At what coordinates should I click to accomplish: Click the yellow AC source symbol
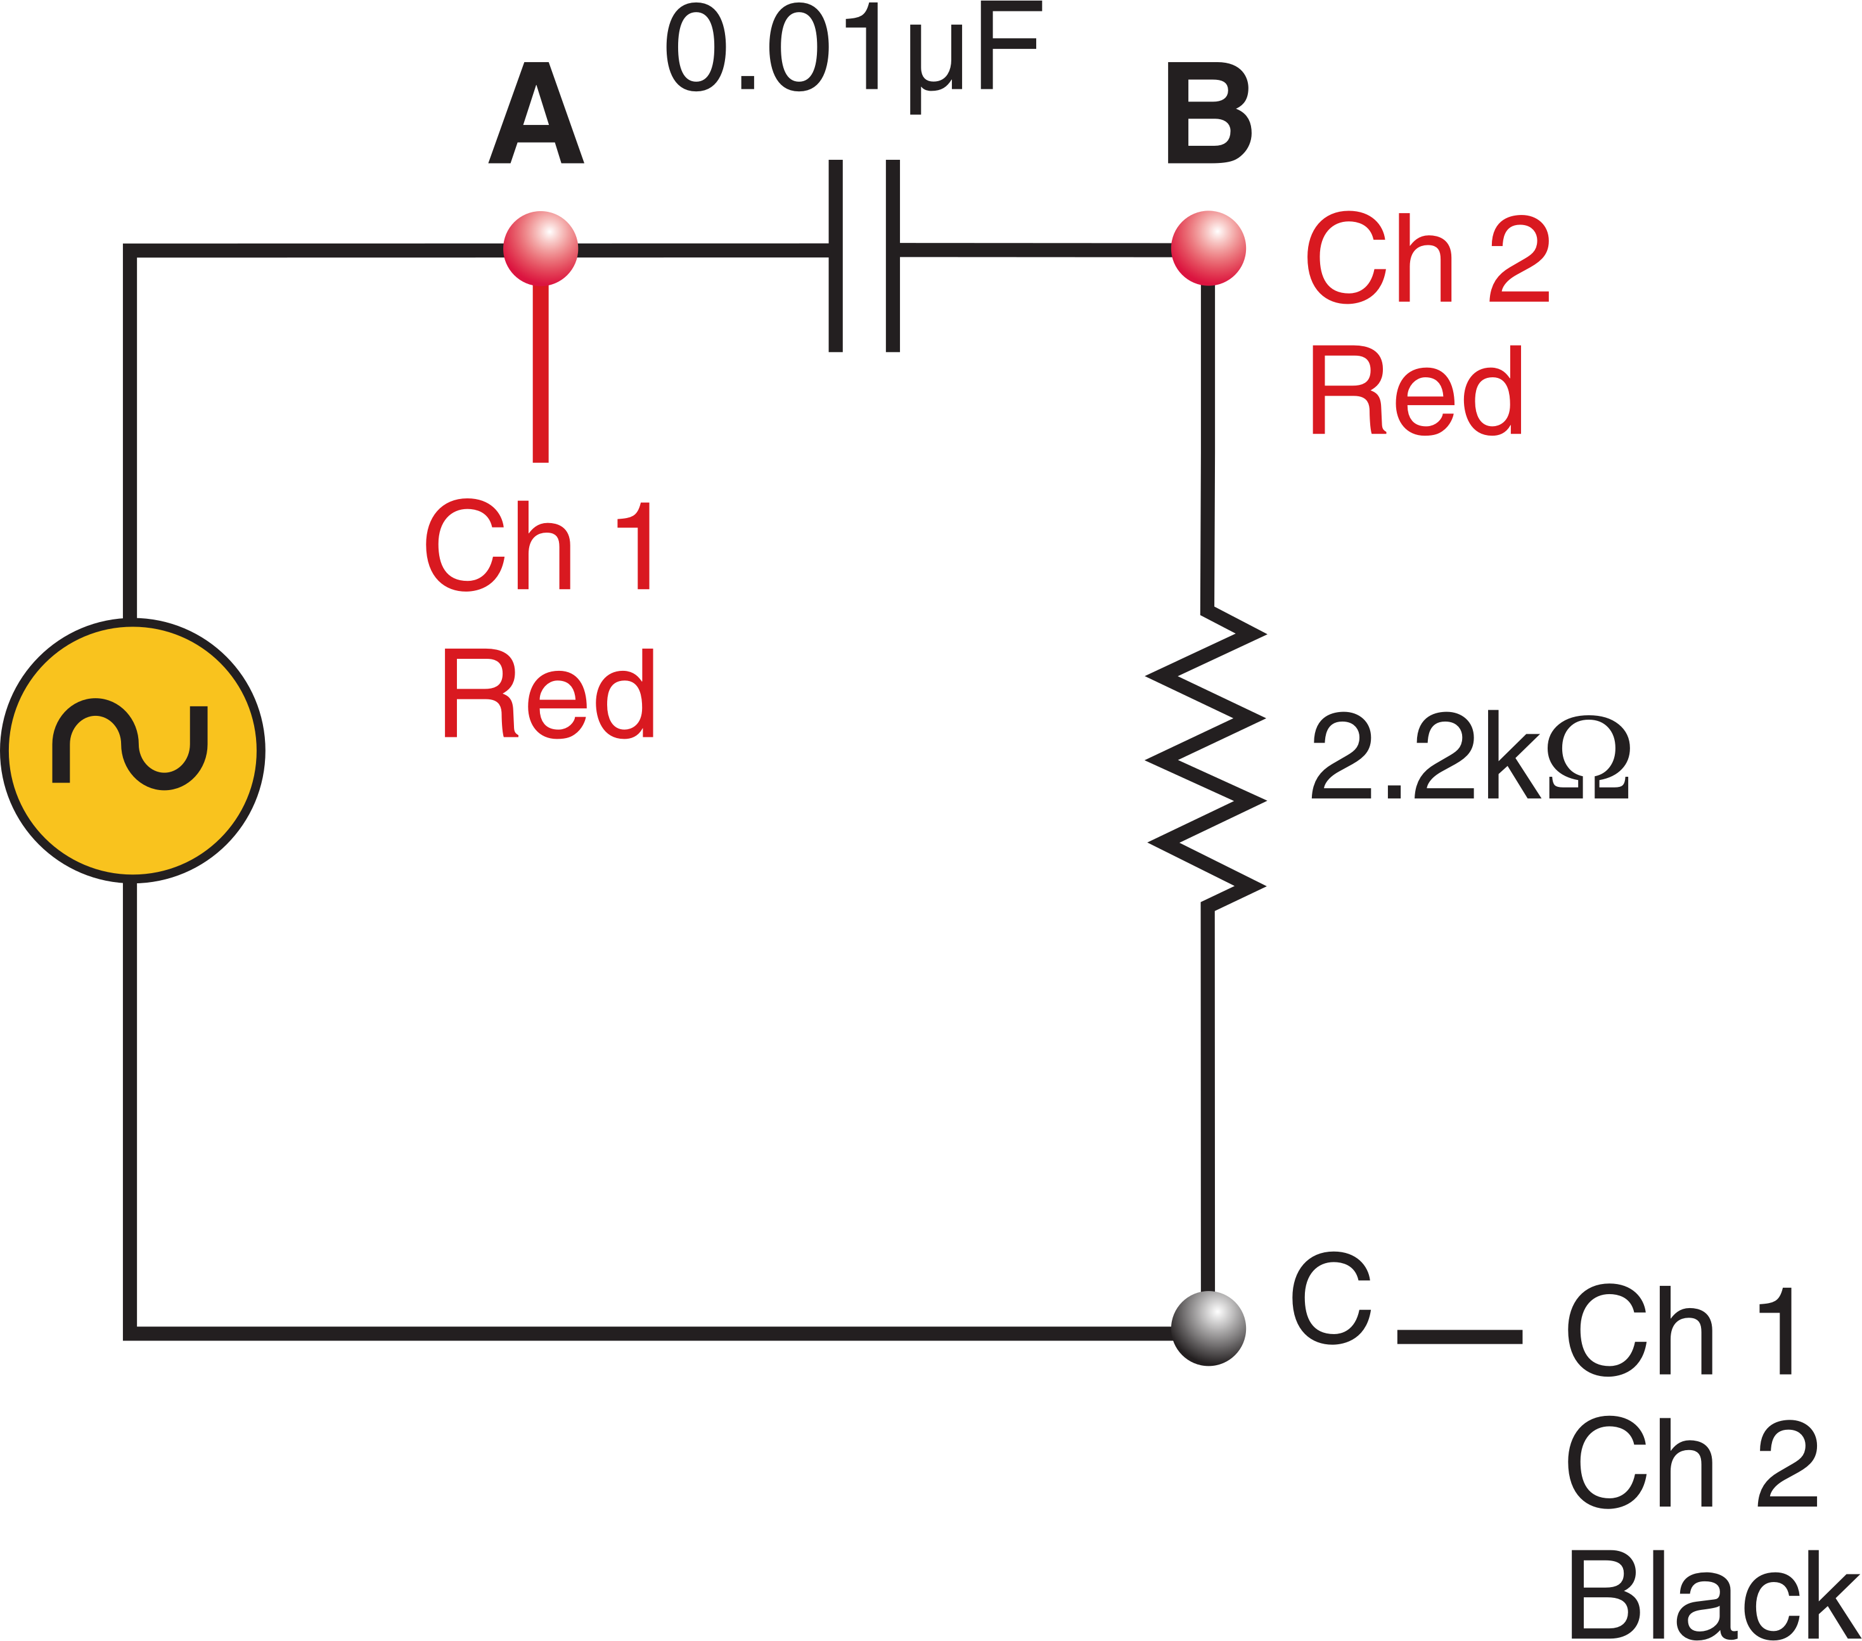pos(133,751)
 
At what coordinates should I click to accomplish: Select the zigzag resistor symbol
pos(1206,759)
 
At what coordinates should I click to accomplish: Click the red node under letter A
pos(540,248)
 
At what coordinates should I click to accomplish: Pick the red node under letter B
pos(1208,248)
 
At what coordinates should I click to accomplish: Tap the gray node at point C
pos(1208,1328)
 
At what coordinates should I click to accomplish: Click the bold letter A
pos(536,114)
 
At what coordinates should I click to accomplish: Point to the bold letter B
pos(1209,114)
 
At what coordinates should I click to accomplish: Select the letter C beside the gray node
pos(1331,1299)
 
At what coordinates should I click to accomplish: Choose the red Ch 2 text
pos(1427,258)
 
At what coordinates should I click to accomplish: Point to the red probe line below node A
pos(540,373)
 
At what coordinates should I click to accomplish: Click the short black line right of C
pos(1460,1337)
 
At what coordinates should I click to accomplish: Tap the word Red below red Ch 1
pos(548,694)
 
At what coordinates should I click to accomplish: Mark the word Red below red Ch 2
pos(1416,391)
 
